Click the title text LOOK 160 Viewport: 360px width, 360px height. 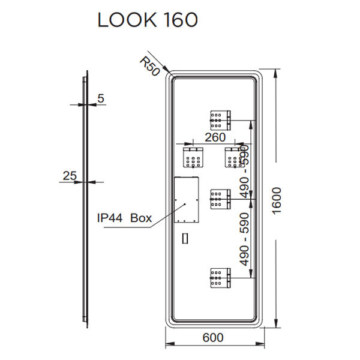tap(148, 20)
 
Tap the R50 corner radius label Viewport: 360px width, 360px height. tap(148, 65)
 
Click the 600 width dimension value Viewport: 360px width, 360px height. tap(212, 338)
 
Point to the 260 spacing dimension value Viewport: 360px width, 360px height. tap(214, 137)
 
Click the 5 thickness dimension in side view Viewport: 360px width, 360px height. tap(100, 97)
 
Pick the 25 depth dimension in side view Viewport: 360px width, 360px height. tap(70, 175)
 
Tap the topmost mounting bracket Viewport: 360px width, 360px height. tap(220, 120)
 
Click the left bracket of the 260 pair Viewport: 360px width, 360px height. tap(193, 158)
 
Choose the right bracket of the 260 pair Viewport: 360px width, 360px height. tap(234, 158)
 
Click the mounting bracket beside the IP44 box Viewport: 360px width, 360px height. tap(220, 199)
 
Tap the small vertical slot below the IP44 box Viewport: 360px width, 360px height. tap(185, 238)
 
